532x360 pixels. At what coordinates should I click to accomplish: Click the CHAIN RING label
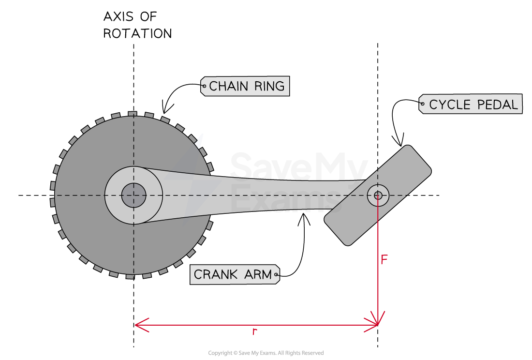pos(245,86)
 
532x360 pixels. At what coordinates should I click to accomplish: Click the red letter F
pos(384,260)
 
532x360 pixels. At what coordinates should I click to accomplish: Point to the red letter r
pos(254,332)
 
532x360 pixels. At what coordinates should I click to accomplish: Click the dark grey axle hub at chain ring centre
pos(133,195)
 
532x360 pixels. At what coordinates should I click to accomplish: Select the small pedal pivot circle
pos(378,195)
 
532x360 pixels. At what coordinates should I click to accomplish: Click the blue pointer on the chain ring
pos(200,140)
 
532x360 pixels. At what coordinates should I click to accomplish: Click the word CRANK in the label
pos(216,274)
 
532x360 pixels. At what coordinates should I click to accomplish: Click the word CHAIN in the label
pos(229,87)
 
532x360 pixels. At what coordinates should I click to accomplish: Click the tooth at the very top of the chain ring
pos(132,114)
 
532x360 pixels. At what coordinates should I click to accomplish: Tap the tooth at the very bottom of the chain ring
pos(130,276)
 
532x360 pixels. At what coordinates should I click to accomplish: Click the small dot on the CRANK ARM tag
pos(276,275)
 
